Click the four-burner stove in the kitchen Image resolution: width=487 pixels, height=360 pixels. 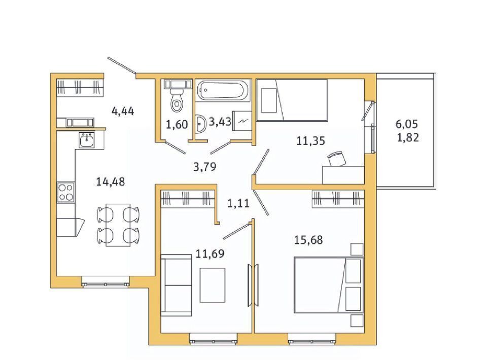[x=66, y=192]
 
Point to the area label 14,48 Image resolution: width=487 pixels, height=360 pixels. [x=110, y=182]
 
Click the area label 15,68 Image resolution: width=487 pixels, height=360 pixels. [x=308, y=240]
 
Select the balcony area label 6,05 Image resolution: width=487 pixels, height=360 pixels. [x=406, y=124]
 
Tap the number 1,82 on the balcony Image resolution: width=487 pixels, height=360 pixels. [x=408, y=137]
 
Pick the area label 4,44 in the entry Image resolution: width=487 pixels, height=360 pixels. [x=123, y=111]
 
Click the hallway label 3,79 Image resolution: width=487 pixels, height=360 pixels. [x=204, y=167]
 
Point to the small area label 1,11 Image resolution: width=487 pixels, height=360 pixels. [x=238, y=203]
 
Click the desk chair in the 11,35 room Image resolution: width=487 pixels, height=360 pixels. [x=336, y=158]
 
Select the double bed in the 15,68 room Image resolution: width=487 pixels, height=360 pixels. [x=329, y=284]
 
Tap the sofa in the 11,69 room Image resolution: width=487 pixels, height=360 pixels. [x=176, y=285]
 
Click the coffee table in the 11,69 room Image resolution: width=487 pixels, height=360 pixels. [x=213, y=285]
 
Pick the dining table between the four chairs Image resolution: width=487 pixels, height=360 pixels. [x=118, y=225]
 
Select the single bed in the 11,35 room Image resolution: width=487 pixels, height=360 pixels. [x=292, y=100]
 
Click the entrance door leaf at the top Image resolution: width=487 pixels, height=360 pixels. [x=122, y=66]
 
